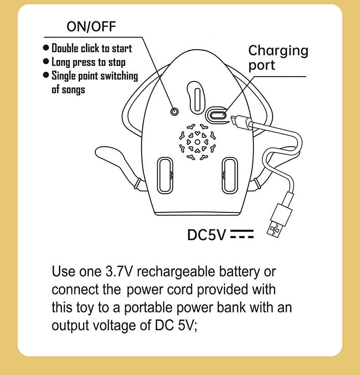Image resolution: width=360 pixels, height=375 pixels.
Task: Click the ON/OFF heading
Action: point(91,26)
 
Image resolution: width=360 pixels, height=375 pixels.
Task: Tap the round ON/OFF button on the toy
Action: point(175,112)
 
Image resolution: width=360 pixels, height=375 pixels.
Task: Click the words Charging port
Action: point(278,57)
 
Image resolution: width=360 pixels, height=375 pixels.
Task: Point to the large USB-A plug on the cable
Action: point(280,220)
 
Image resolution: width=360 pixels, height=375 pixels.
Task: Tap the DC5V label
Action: point(206,235)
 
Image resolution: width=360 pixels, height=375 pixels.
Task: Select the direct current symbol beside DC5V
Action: point(242,234)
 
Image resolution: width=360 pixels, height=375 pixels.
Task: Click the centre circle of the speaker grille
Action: point(197,142)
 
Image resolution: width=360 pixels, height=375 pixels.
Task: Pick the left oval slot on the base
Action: point(165,175)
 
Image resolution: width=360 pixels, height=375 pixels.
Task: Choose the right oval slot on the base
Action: point(230,175)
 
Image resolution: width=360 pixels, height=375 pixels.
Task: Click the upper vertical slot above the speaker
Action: point(197,100)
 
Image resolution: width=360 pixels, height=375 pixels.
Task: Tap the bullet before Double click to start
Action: point(46,47)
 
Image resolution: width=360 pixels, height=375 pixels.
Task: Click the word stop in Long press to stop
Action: point(117,62)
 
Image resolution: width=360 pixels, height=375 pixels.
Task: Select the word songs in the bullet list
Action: point(73,90)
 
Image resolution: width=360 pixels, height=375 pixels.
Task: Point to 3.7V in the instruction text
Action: point(118,272)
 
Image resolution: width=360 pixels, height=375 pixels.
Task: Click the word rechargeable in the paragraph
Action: point(176,272)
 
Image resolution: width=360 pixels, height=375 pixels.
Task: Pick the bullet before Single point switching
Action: point(46,75)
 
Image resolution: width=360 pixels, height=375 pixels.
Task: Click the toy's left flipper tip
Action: point(98,151)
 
